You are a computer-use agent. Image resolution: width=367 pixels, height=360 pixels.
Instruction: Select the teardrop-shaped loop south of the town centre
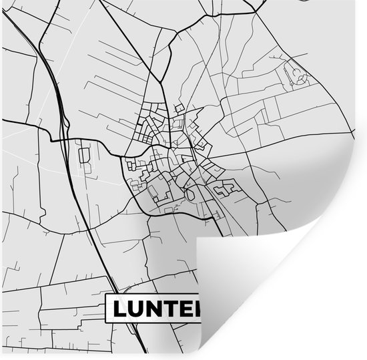pos(192,194)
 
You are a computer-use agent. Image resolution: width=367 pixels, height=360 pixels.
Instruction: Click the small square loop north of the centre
pos(179,108)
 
